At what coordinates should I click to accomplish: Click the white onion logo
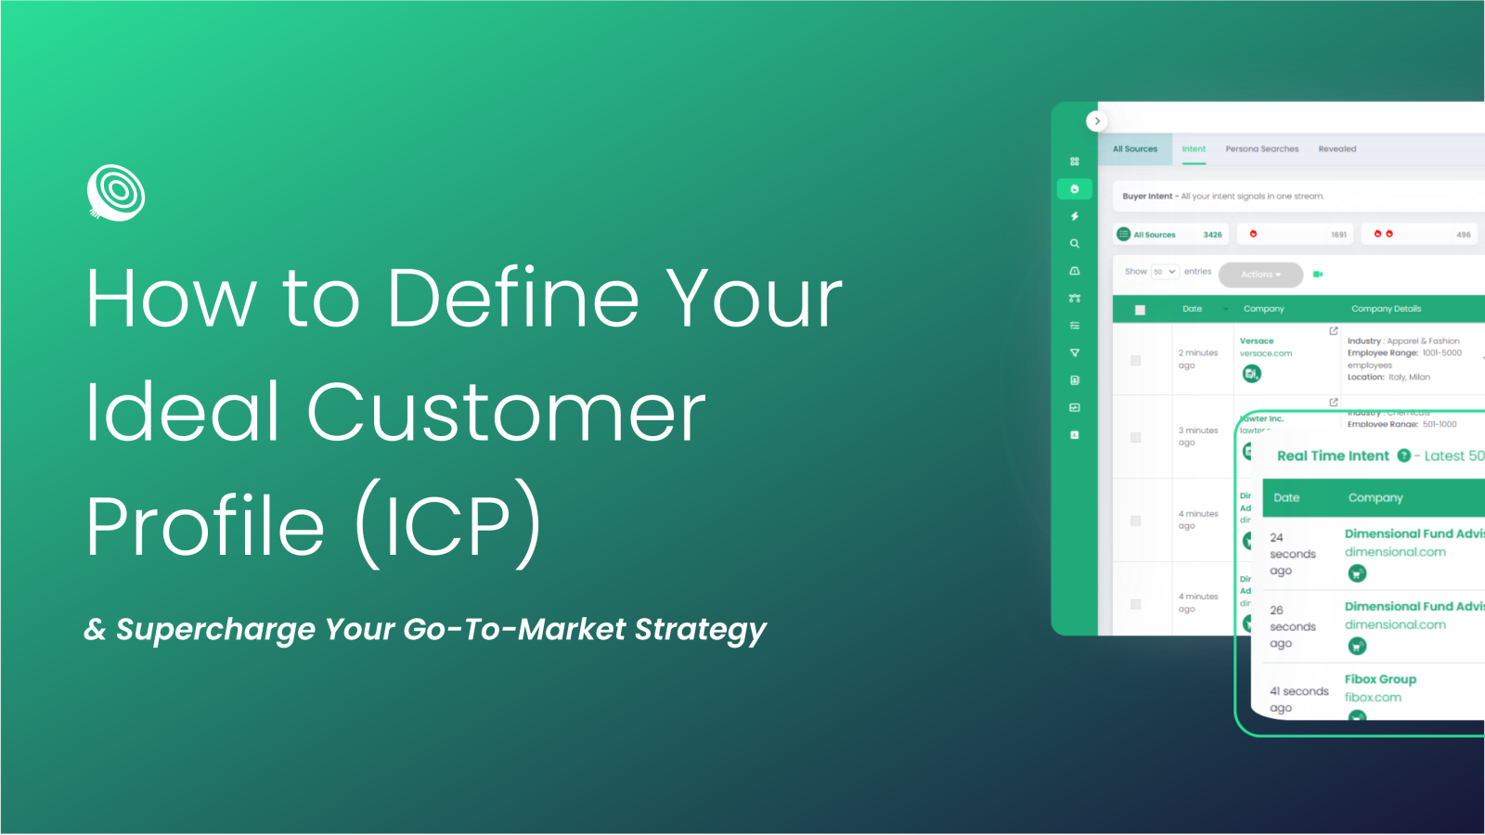point(116,193)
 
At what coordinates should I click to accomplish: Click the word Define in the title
point(513,299)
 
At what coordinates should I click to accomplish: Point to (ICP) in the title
point(448,525)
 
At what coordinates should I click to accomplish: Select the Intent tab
point(1194,149)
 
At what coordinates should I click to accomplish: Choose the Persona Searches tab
point(1261,149)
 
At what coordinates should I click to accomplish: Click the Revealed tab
point(1336,149)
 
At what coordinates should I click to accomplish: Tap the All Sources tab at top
point(1135,149)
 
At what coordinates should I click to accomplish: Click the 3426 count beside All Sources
point(1212,235)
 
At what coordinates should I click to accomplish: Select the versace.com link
point(1265,353)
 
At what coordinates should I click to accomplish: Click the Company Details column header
point(1386,309)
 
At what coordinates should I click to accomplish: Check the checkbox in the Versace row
point(1135,360)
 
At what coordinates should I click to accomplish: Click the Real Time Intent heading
point(1333,456)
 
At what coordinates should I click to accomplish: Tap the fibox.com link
point(1373,698)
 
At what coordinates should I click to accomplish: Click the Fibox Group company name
point(1380,679)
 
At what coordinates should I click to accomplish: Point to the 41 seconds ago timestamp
point(1298,700)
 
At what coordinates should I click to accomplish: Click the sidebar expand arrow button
point(1097,121)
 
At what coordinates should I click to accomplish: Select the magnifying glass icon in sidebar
point(1075,244)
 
